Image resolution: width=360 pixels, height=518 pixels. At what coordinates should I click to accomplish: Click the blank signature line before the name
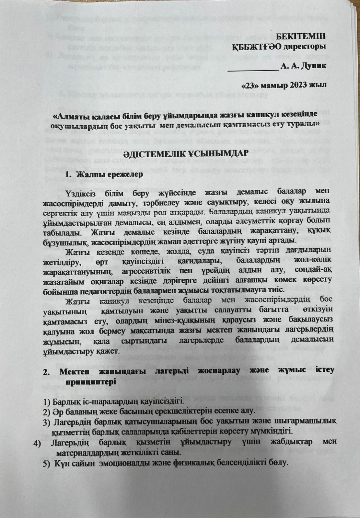click(x=253, y=69)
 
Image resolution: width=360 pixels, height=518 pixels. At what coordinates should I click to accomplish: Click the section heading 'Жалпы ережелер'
click(x=104, y=175)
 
